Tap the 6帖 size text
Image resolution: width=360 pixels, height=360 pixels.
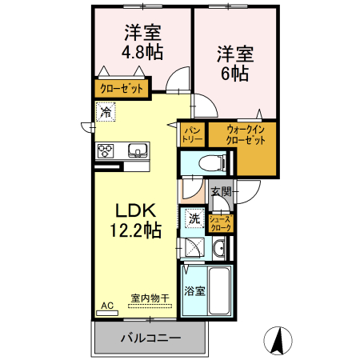234,74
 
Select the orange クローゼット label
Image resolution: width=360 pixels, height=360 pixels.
122,89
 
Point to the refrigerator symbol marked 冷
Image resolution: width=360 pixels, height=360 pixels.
106,113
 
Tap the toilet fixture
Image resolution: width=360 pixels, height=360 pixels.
210,162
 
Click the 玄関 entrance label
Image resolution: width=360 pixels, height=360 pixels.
222,191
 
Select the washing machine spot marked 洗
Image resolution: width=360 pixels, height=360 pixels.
194,218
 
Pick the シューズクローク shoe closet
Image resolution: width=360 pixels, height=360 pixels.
220,223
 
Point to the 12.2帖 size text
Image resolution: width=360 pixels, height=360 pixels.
134,232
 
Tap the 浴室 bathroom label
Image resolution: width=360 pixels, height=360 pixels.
194,290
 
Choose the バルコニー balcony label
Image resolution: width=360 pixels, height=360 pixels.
150,338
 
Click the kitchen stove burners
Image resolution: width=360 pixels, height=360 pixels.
106,150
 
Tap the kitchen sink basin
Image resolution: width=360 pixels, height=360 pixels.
138,150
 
